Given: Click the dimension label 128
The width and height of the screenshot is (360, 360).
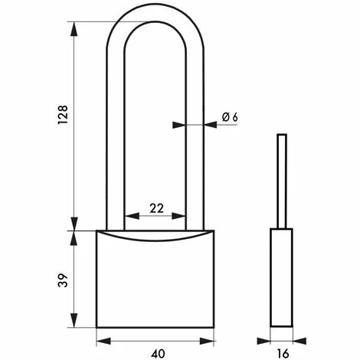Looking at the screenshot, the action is pos(63,115).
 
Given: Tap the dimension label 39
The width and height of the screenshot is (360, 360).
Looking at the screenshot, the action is pos(63,280).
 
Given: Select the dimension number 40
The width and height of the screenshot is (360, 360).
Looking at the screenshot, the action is pos(158,354).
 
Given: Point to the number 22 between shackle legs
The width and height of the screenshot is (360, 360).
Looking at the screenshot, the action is pos(156,208).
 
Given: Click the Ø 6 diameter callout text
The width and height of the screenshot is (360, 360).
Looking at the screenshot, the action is pos(230,117).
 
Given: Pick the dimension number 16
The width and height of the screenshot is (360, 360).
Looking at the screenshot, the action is pos(283,354).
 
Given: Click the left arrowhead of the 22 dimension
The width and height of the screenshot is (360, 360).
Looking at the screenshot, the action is pos(133,216).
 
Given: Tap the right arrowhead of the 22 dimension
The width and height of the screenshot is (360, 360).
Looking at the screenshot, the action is pos(178,216).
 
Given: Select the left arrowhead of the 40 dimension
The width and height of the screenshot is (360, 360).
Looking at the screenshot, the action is pos(103,341).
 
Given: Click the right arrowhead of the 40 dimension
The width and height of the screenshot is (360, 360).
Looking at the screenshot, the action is pos(207,341).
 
